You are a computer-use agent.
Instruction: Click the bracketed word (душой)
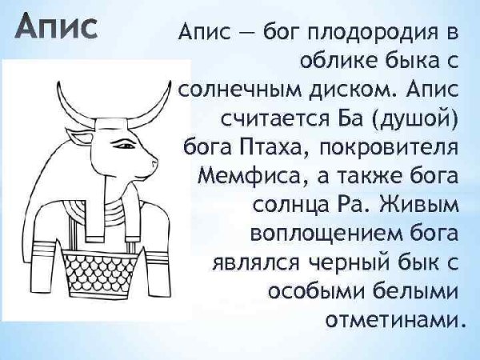[410, 119]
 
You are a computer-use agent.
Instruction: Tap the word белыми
[418, 289]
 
